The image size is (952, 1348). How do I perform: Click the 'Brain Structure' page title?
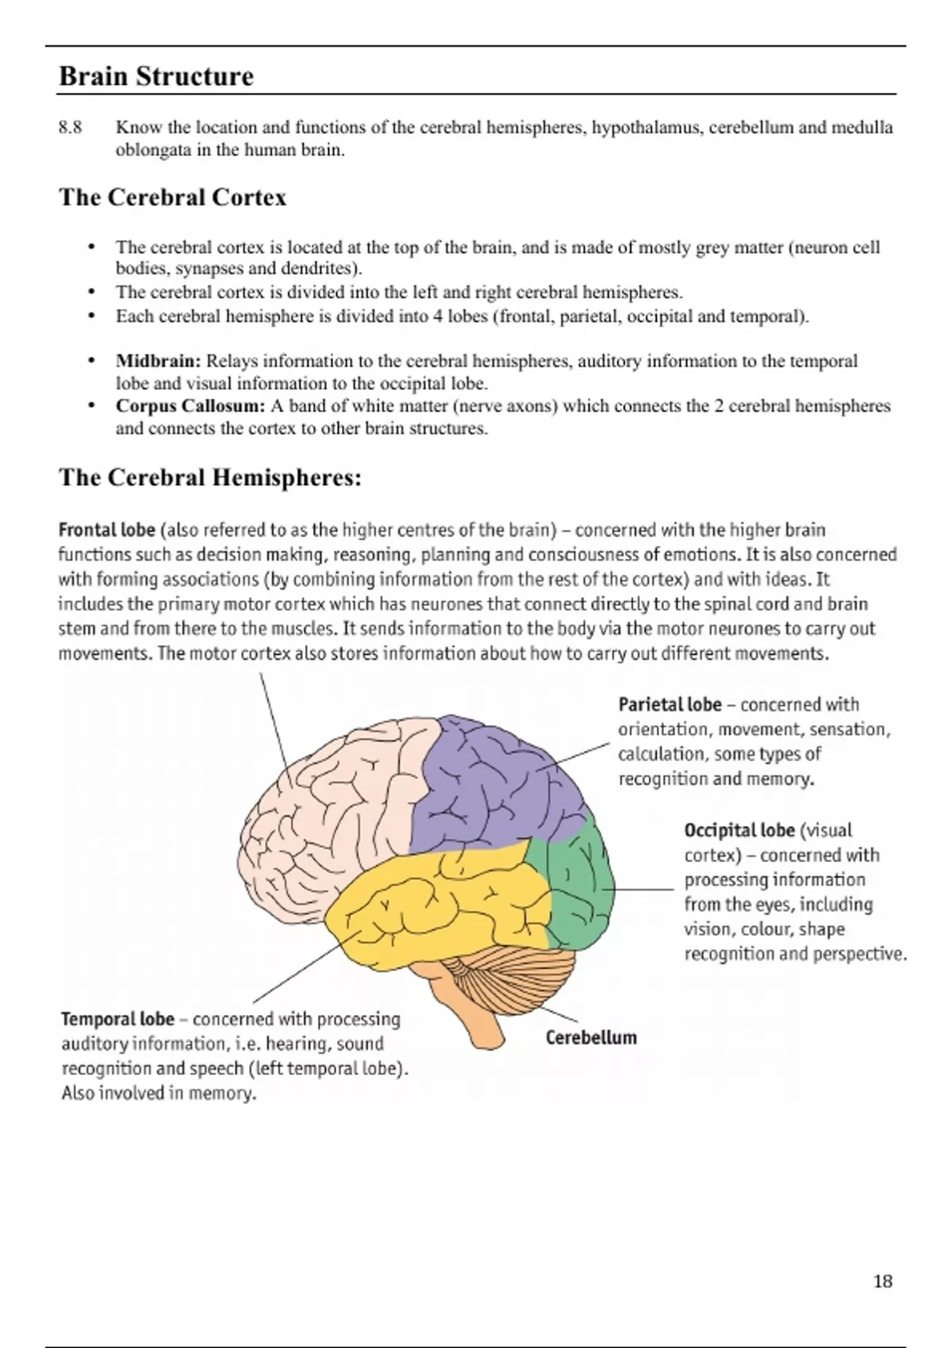coord(156,76)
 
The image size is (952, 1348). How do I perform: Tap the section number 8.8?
coord(71,128)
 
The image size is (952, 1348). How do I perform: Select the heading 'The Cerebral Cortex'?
coord(172,197)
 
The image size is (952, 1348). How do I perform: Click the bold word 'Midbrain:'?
coord(159,361)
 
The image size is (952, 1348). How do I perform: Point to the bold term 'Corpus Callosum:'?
coord(190,406)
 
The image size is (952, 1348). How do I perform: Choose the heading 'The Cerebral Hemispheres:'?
coord(210,477)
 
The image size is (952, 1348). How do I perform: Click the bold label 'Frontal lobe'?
coord(107,530)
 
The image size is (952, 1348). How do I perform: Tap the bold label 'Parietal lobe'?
coord(670,704)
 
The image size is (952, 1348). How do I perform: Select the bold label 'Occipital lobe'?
coord(739,830)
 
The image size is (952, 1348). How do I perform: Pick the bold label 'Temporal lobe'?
coord(117,1019)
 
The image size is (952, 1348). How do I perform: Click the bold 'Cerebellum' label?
coord(591,1038)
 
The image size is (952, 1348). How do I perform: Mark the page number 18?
coord(882,1282)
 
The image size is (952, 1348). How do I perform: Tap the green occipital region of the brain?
coord(579,888)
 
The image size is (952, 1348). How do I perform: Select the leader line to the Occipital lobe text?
coord(643,890)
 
